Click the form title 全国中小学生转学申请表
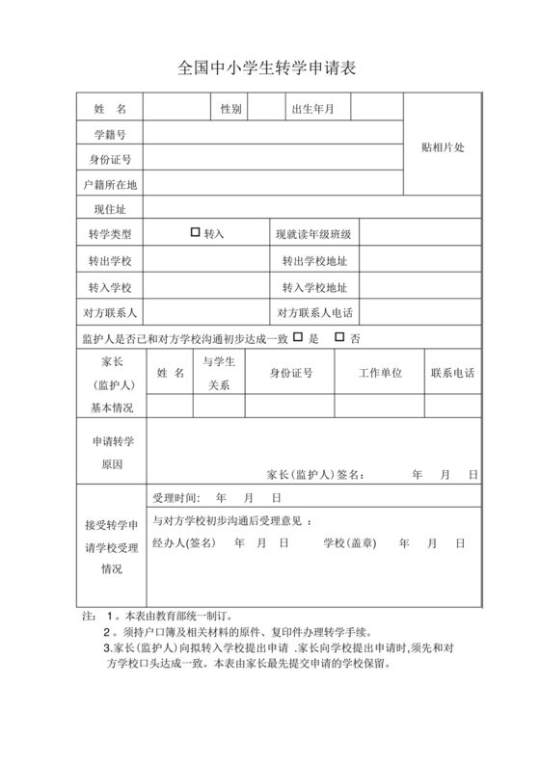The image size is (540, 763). pyautogui.click(x=269, y=68)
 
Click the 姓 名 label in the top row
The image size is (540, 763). pyautogui.click(x=110, y=108)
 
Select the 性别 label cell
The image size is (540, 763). pyautogui.click(x=230, y=108)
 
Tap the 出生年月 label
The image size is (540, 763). pyautogui.click(x=312, y=108)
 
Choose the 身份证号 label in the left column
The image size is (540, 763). pyautogui.click(x=110, y=158)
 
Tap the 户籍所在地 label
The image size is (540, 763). pyautogui.click(x=110, y=183)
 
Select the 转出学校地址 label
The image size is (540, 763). pyautogui.click(x=313, y=260)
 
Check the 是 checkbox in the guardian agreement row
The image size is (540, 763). pyautogui.click(x=298, y=336)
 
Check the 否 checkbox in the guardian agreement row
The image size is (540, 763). pyautogui.click(x=338, y=336)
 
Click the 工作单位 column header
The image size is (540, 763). pyautogui.click(x=380, y=372)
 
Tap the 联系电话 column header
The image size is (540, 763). pyautogui.click(x=451, y=372)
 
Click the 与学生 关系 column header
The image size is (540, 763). pyautogui.click(x=219, y=373)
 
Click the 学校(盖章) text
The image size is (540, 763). pyautogui.click(x=348, y=542)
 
